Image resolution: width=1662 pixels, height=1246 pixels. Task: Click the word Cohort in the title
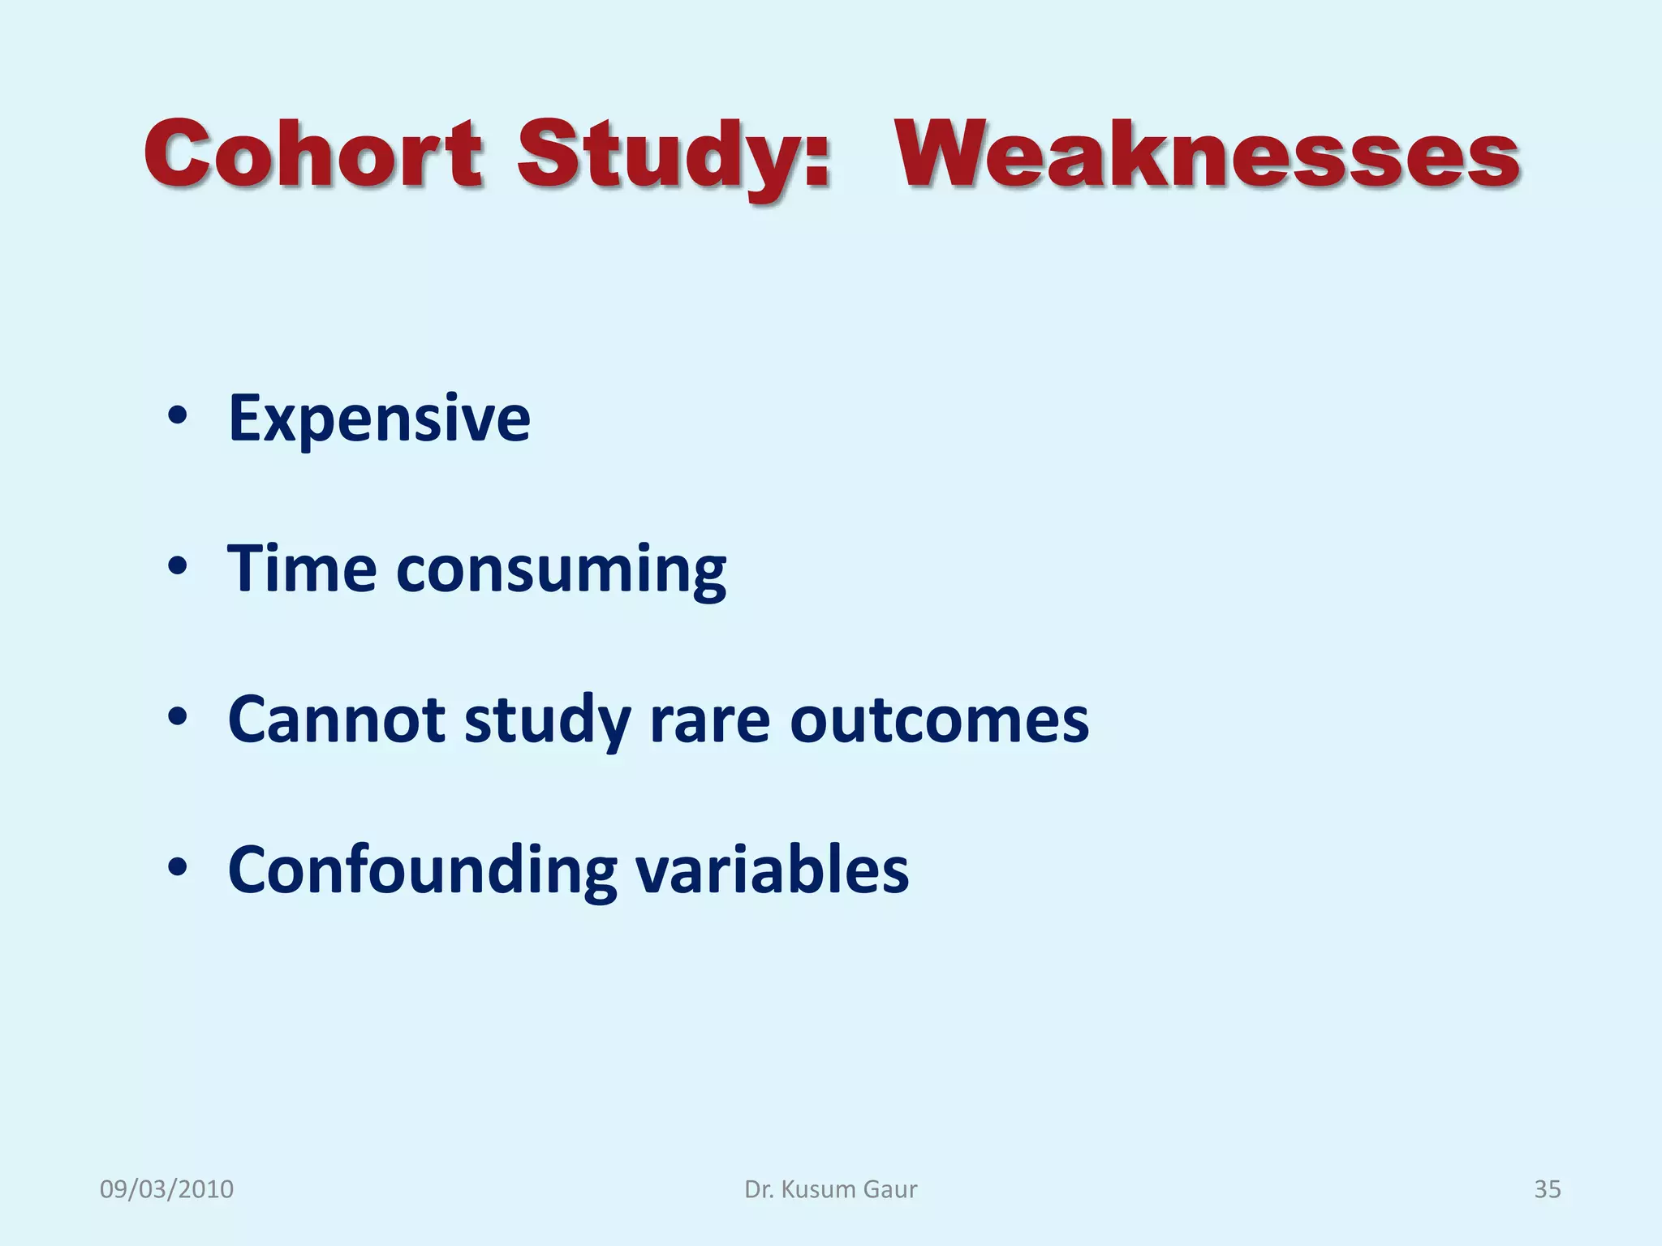point(314,154)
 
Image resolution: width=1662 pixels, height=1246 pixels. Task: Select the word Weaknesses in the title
point(1208,154)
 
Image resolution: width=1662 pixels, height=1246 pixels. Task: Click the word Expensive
point(379,419)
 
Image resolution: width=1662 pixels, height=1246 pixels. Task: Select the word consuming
point(561,572)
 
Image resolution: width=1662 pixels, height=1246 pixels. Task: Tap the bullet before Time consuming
point(178,567)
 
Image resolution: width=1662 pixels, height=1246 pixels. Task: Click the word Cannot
point(336,720)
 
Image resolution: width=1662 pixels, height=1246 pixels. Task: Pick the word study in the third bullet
point(547,722)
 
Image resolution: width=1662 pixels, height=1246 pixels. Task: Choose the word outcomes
point(939,720)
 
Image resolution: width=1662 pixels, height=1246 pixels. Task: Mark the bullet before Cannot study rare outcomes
point(178,718)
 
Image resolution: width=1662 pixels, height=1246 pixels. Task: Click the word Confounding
point(422,870)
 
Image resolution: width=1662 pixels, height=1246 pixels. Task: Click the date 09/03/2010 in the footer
point(166,1189)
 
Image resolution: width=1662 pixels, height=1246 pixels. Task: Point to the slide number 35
point(1547,1189)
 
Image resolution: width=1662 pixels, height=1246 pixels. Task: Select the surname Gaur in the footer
point(889,1189)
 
